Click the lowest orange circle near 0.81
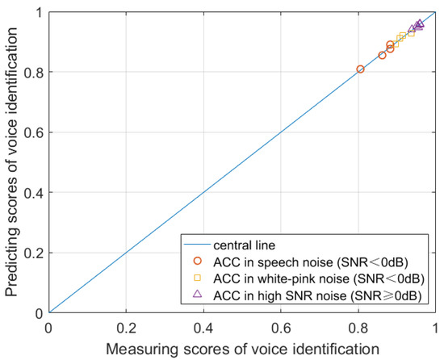(x=360, y=69)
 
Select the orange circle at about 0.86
(x=383, y=56)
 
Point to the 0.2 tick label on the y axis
(x=34, y=253)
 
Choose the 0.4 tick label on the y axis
(x=34, y=193)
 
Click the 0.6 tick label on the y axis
(x=34, y=132)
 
